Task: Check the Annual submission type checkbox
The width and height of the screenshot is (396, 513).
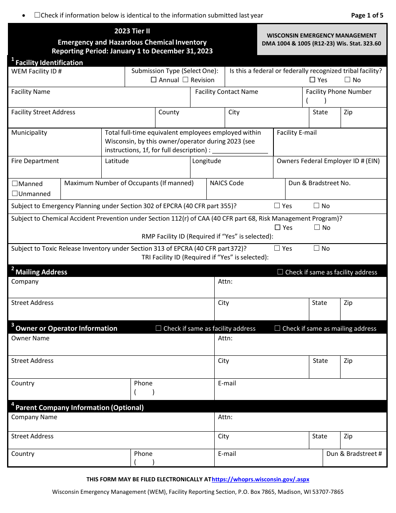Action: (x=153, y=80)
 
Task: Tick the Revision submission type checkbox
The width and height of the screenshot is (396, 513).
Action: (x=185, y=80)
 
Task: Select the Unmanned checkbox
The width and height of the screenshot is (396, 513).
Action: (x=15, y=194)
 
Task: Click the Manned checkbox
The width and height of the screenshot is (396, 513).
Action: (x=15, y=184)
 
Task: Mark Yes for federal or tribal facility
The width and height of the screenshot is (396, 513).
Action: (x=312, y=80)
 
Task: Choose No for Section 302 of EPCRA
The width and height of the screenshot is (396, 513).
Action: (x=316, y=206)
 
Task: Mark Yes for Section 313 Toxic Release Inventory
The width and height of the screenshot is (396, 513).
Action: (x=277, y=248)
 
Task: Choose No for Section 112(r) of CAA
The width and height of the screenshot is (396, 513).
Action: (x=317, y=227)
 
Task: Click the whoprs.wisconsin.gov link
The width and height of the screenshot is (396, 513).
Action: (x=261, y=480)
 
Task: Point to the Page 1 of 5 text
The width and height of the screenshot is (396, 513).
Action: (x=367, y=15)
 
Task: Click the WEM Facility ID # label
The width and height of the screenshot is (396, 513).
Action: (x=37, y=71)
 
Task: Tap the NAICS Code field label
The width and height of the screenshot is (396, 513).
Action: (x=227, y=183)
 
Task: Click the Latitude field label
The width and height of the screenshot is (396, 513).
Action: (x=117, y=161)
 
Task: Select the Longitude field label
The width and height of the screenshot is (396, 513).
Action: (x=207, y=161)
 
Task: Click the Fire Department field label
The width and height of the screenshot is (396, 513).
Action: (x=35, y=161)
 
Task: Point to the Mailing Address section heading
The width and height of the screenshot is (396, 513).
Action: (x=41, y=272)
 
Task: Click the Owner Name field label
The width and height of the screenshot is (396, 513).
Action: (x=30, y=338)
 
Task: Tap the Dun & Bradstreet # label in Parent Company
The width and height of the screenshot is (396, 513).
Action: (x=354, y=454)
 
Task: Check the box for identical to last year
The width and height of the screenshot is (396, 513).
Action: (x=37, y=15)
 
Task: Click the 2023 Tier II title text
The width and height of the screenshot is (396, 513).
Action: (x=132, y=31)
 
